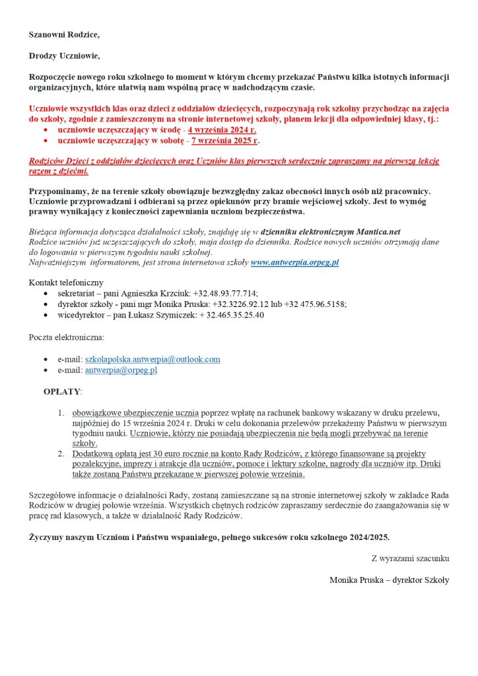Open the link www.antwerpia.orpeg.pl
pyautogui.click(x=294, y=262)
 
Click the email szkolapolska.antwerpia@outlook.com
pyautogui.click(x=153, y=359)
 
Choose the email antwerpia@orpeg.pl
pyautogui.click(x=121, y=370)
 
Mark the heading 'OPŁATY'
pyautogui.click(x=62, y=391)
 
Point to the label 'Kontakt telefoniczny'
pyautogui.click(x=66, y=282)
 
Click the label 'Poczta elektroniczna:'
pyautogui.click(x=66, y=337)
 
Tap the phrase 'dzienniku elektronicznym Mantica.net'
pyautogui.click(x=330, y=232)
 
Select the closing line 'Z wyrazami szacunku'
pyautogui.click(x=410, y=558)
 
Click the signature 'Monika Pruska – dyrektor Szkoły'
pyautogui.click(x=389, y=580)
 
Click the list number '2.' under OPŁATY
pyautogui.click(x=60, y=454)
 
